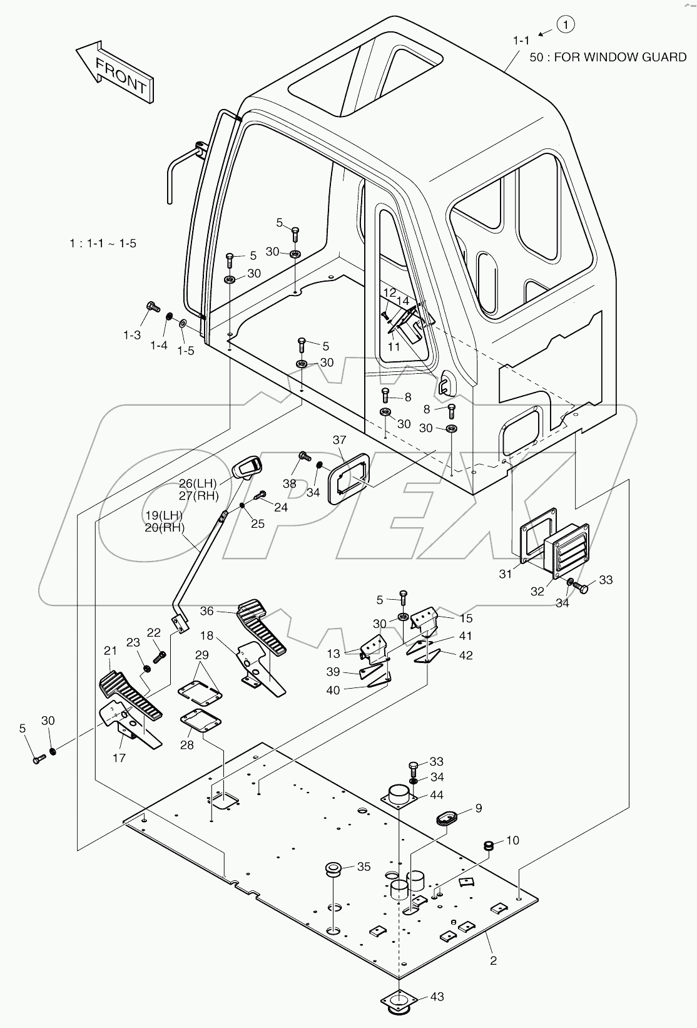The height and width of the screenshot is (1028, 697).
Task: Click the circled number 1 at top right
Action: click(565, 24)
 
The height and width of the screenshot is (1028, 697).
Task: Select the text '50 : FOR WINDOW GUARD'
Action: click(608, 57)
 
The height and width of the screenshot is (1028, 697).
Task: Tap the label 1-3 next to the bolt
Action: click(131, 335)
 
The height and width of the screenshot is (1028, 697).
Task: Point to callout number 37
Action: click(339, 440)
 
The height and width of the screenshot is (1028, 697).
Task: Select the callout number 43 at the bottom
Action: click(437, 996)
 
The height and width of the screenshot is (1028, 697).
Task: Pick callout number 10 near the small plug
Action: click(512, 840)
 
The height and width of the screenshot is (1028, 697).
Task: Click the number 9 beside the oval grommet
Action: click(479, 808)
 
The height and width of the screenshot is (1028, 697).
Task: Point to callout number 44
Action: click(437, 794)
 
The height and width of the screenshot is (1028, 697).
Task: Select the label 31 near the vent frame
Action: click(506, 573)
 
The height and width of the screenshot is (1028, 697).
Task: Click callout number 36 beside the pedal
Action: click(207, 611)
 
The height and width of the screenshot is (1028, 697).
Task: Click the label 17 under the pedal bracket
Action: click(119, 758)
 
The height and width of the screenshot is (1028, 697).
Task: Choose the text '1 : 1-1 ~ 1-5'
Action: click(103, 243)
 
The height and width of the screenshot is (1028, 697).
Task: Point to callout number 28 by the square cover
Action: click(186, 745)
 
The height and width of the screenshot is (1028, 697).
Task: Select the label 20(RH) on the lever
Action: click(165, 527)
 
